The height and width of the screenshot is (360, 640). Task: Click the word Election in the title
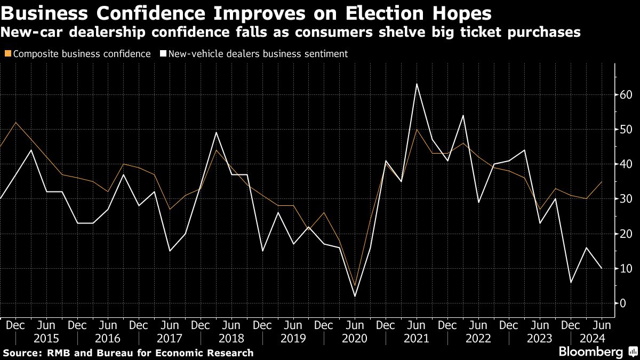[384, 13]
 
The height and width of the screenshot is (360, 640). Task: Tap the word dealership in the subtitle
[107, 32]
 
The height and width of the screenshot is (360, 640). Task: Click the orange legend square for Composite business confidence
[8, 53]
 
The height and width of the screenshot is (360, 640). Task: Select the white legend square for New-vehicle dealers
[163, 53]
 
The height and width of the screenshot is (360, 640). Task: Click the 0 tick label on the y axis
[622, 303]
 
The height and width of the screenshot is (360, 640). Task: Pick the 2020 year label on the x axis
[355, 339]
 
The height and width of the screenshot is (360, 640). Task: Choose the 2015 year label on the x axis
[46, 339]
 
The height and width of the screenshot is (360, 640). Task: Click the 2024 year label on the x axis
[593, 339]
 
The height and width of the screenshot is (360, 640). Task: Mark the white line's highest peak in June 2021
[417, 84]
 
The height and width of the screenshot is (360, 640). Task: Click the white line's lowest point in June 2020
[355, 297]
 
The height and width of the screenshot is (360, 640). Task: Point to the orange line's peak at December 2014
[15, 122]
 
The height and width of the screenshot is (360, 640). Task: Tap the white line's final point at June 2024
[602, 268]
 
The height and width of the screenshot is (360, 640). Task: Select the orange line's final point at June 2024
[602, 181]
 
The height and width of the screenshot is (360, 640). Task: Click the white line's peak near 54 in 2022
[463, 115]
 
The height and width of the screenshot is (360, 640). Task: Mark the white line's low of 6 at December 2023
[571, 282]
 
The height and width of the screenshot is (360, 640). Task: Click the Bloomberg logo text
[591, 351]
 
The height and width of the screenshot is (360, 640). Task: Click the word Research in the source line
[230, 353]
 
